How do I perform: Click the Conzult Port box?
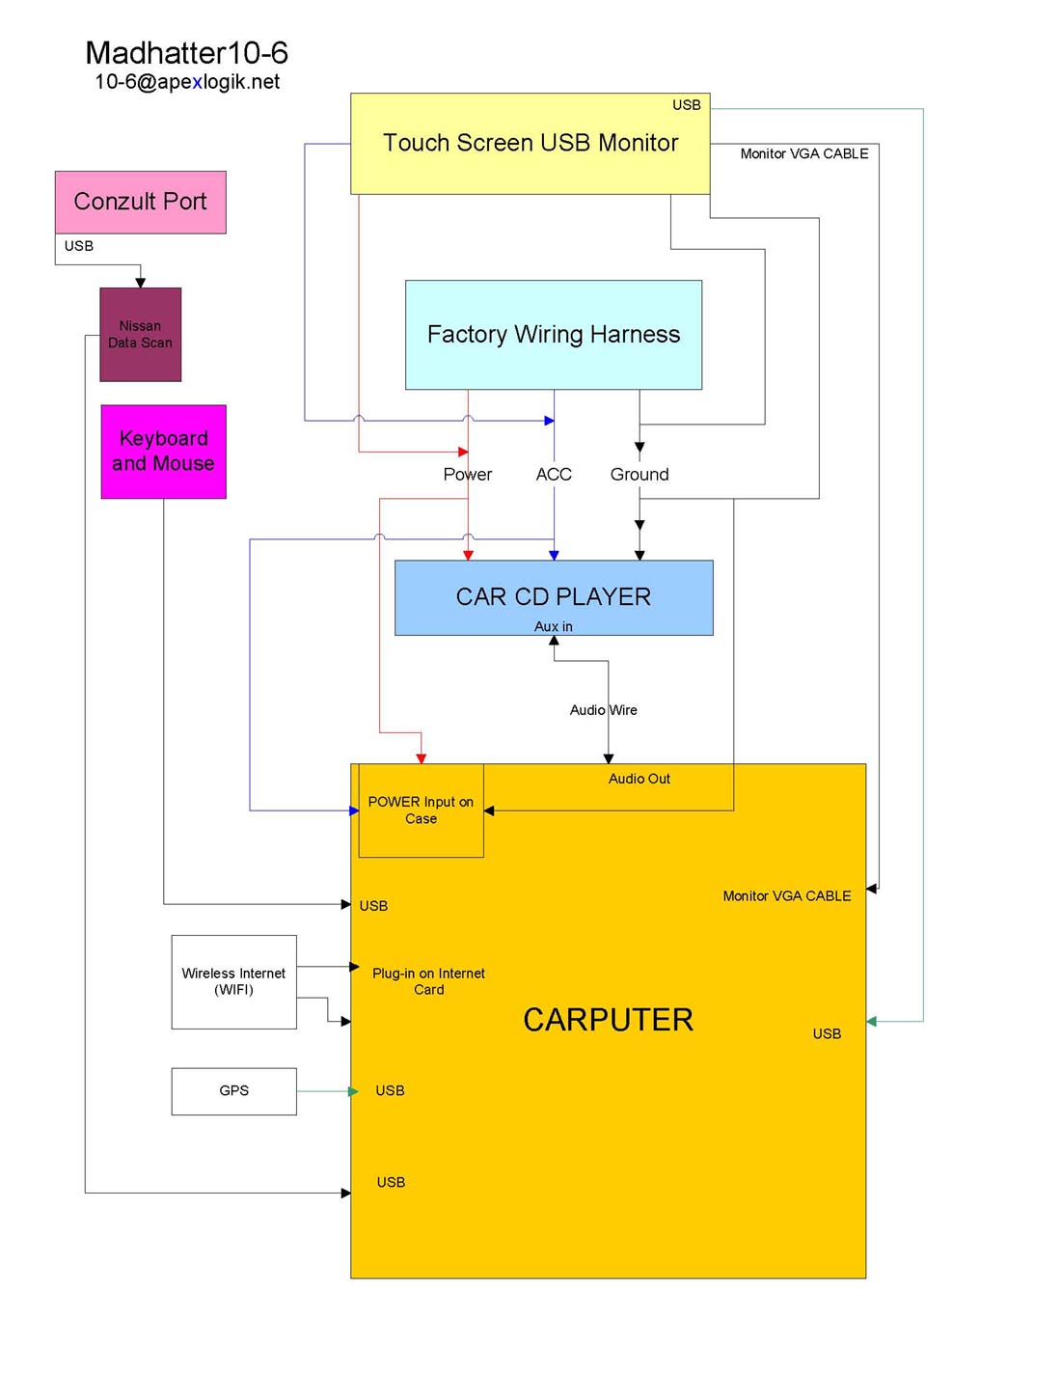(x=140, y=202)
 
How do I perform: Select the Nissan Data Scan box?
(x=140, y=334)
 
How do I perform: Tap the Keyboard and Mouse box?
(x=163, y=452)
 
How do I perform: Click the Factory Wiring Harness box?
(x=553, y=335)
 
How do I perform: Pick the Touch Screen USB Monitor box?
(x=530, y=144)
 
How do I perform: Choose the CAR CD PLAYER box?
(x=553, y=597)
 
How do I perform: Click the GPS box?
(x=233, y=1091)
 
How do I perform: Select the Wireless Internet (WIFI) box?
(x=233, y=981)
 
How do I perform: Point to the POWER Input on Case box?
(x=421, y=810)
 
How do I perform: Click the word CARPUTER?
(x=608, y=1020)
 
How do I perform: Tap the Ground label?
(x=639, y=475)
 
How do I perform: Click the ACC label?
(x=554, y=475)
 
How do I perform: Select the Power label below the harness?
(x=467, y=475)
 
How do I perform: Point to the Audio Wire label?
(x=603, y=710)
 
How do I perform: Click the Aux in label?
(x=553, y=627)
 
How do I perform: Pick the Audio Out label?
(x=639, y=779)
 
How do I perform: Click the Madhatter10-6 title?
(x=186, y=53)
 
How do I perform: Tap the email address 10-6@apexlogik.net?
(x=186, y=82)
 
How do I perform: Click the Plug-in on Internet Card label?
(x=428, y=981)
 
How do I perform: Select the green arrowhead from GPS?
(x=353, y=1091)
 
